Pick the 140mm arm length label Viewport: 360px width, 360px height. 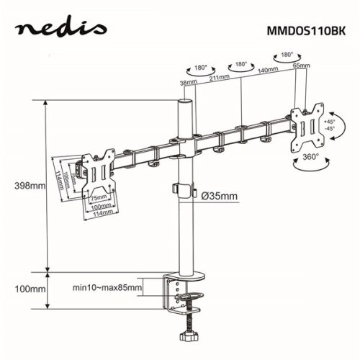tap(267, 71)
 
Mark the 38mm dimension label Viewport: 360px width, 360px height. tap(188, 84)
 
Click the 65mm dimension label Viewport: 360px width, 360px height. tap(302, 66)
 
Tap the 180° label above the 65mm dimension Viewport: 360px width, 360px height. tap(287, 54)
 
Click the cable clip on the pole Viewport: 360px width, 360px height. tap(185, 190)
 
